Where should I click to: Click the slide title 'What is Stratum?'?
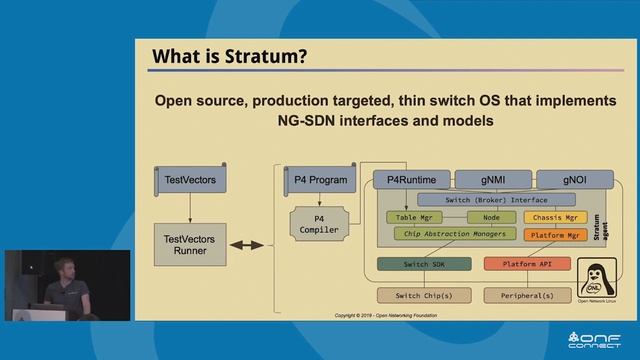pyautogui.click(x=229, y=57)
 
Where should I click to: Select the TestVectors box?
pyautogui.click(x=190, y=181)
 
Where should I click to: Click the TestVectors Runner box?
pyautogui.click(x=190, y=245)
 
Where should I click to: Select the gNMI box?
pyautogui.click(x=491, y=181)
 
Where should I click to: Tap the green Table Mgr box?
pyautogui.click(x=413, y=217)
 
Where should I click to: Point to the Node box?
pyautogui.click(x=491, y=217)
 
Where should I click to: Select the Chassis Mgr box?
pyautogui.click(x=556, y=217)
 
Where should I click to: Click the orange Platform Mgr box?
pyautogui.click(x=556, y=235)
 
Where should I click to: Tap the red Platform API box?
pyautogui.click(x=526, y=264)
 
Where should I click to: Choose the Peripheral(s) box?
pyautogui.click(x=526, y=296)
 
